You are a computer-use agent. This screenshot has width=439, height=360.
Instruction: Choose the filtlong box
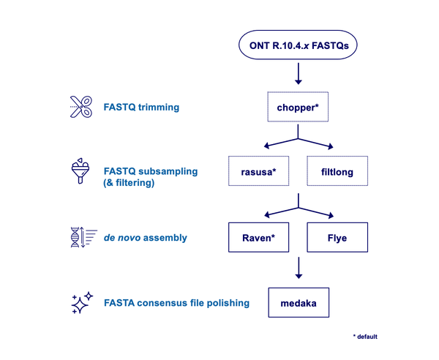pyautogui.click(x=335, y=171)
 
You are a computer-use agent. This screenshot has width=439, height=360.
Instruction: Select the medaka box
pyautogui.click(x=298, y=302)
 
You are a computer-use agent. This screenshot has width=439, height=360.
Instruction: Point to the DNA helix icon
pyautogui.click(x=80, y=237)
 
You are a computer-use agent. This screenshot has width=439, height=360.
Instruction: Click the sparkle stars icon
pyautogui.click(x=81, y=302)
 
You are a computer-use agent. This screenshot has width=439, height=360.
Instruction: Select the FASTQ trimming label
pyautogui.click(x=143, y=108)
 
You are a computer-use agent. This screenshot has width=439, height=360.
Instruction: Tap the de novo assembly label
pyautogui.click(x=146, y=237)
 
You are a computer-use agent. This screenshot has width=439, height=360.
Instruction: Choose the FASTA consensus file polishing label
pyautogui.click(x=177, y=302)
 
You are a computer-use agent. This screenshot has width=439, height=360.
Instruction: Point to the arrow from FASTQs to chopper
pyautogui.click(x=299, y=73)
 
